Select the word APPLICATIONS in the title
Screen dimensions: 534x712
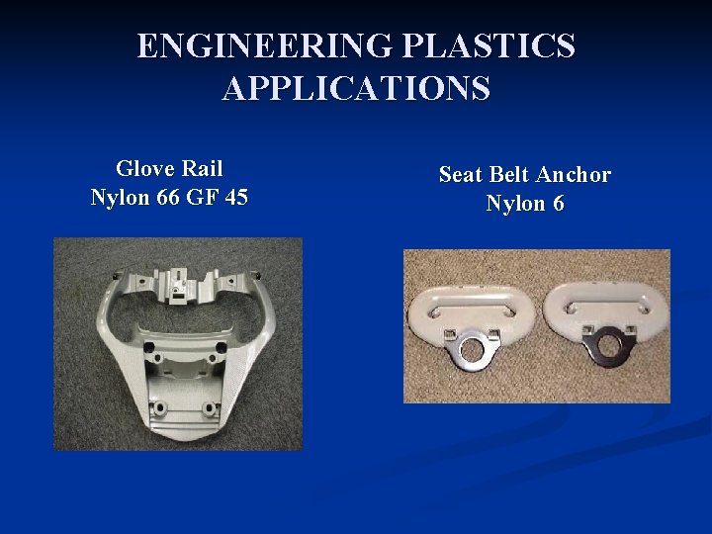point(356,88)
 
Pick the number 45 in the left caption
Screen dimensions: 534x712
point(235,198)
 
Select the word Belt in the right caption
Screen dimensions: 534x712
point(508,175)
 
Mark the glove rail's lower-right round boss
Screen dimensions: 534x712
point(209,406)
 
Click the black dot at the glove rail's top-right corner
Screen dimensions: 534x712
point(257,273)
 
